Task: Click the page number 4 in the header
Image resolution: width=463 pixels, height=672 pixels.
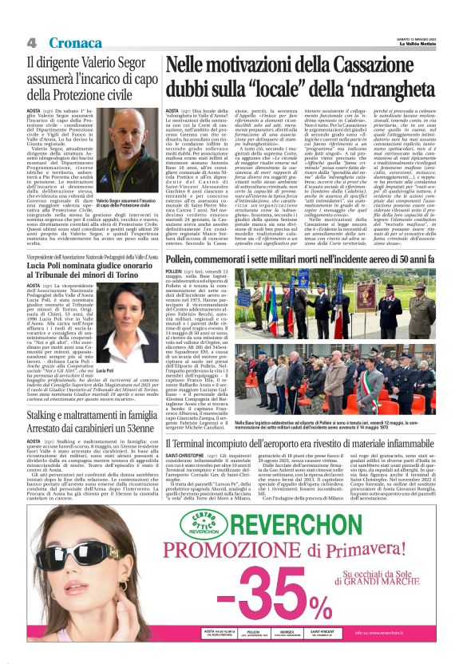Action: pyautogui.click(x=31, y=42)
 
